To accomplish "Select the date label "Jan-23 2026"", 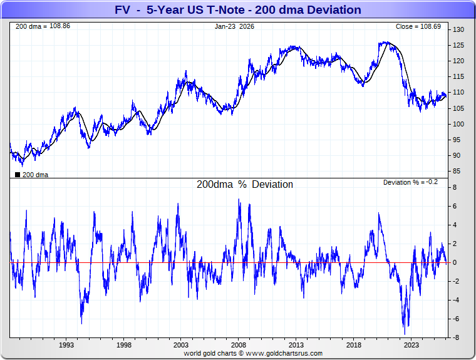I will click(234, 27).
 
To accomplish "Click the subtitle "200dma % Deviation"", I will click(245, 185).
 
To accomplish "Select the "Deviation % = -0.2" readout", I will click(411, 182).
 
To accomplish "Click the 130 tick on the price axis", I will click(458, 30).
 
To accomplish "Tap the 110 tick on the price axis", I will click(458, 93).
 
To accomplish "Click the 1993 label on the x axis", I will click(67, 345).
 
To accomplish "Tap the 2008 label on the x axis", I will click(238, 345).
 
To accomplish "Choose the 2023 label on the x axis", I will click(411, 345).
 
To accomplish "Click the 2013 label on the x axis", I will click(296, 345).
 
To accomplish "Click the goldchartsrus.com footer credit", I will click(253, 353).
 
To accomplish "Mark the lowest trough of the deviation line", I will click(405, 332).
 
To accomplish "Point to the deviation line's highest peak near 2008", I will click(239, 200).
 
